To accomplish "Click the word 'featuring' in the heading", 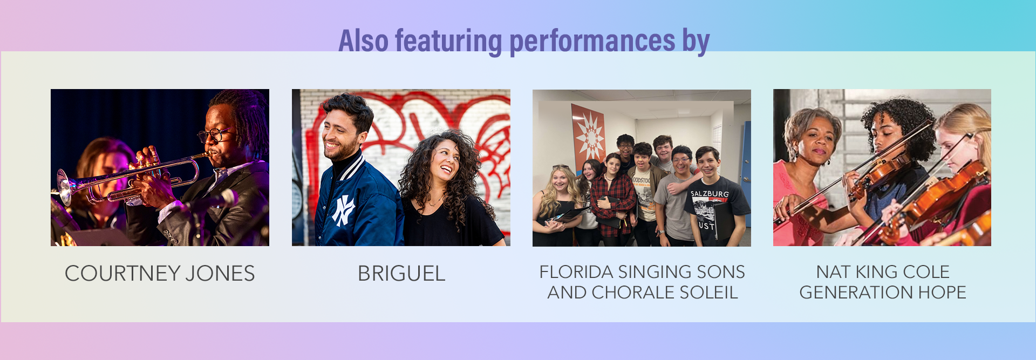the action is [x=448, y=42].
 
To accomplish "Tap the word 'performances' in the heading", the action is [x=592, y=42].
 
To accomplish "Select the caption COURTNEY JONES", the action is [x=160, y=274].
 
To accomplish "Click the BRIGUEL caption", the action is [x=401, y=274].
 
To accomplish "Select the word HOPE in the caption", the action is [x=942, y=292].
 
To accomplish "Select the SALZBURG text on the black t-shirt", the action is [x=710, y=194].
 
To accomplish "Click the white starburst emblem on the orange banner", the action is [x=589, y=137].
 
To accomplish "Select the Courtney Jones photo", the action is [x=160, y=167].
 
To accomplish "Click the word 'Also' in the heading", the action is [x=364, y=42].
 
